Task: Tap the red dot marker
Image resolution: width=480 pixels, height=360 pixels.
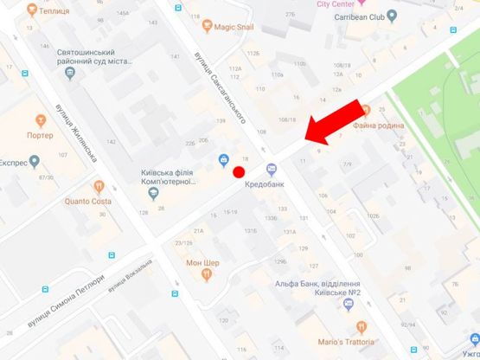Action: click(x=240, y=171)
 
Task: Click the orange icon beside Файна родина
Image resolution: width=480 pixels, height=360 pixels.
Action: click(x=367, y=110)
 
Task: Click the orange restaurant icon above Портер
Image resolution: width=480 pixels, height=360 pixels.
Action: click(x=40, y=119)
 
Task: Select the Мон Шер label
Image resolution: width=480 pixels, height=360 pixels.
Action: click(x=203, y=262)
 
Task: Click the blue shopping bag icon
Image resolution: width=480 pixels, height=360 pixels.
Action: click(x=223, y=159)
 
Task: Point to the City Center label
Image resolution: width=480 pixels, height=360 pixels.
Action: click(x=335, y=3)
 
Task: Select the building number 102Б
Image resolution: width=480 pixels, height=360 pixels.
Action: click(x=372, y=215)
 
